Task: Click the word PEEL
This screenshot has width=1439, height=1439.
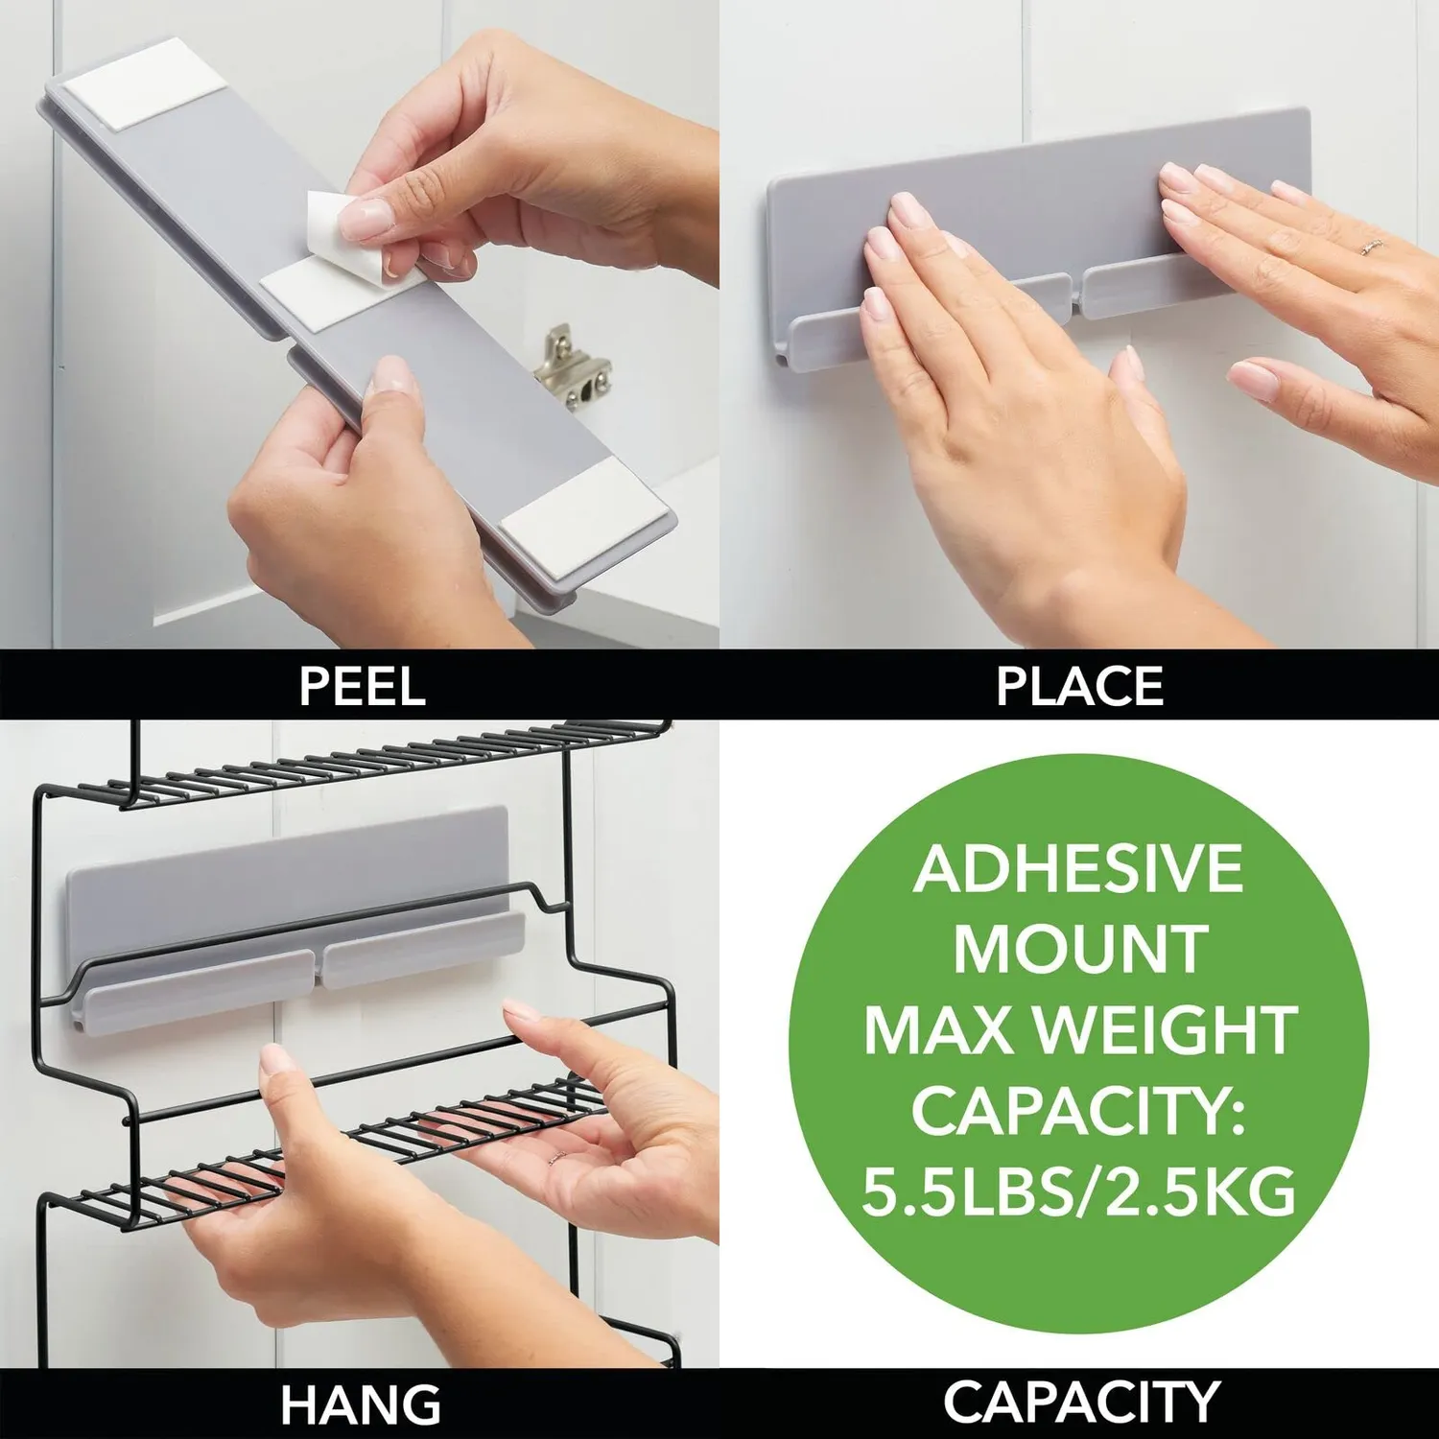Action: [362, 686]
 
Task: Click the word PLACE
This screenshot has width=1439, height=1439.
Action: [1079, 686]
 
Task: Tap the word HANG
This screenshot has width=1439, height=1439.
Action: [361, 1405]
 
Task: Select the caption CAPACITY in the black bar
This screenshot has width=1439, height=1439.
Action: [1080, 1402]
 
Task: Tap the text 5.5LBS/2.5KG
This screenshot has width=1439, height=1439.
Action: [1079, 1191]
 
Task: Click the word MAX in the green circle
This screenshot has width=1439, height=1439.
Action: [945, 1030]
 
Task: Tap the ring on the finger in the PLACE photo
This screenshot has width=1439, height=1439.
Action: [1371, 247]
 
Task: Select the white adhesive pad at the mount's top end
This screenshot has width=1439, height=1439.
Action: [144, 81]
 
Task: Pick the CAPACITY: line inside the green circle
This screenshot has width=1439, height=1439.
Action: [1077, 1111]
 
